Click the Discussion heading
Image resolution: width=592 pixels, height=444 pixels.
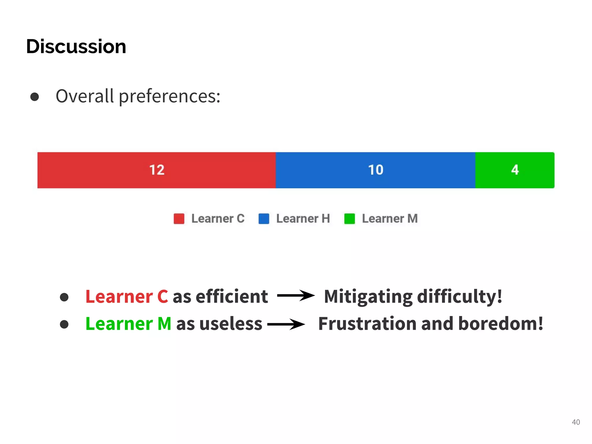pyautogui.click(x=76, y=47)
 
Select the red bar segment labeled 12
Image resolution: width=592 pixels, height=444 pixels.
pyautogui.click(x=156, y=170)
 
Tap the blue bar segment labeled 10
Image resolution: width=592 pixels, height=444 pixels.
pyautogui.click(x=375, y=170)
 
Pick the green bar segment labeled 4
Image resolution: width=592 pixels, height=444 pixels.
pyautogui.click(x=515, y=170)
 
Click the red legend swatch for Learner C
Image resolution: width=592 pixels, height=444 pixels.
pyautogui.click(x=179, y=219)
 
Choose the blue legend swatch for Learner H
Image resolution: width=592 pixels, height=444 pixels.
pyautogui.click(x=264, y=219)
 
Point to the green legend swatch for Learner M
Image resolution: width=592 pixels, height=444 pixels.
pyautogui.click(x=349, y=219)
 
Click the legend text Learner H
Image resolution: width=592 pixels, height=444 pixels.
pyautogui.click(x=303, y=219)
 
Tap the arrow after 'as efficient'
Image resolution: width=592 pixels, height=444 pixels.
pyautogui.click(x=295, y=296)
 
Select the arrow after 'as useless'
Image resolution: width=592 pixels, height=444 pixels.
pyautogui.click(x=286, y=324)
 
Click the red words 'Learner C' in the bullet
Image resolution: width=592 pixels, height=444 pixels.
pyautogui.click(x=127, y=297)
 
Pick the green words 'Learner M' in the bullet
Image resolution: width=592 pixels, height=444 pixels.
pyautogui.click(x=128, y=324)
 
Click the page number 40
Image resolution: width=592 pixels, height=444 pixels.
pyautogui.click(x=576, y=422)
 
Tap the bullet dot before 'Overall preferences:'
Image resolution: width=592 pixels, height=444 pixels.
pyautogui.click(x=35, y=97)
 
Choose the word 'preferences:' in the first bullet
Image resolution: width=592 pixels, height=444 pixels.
pyautogui.click(x=170, y=97)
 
